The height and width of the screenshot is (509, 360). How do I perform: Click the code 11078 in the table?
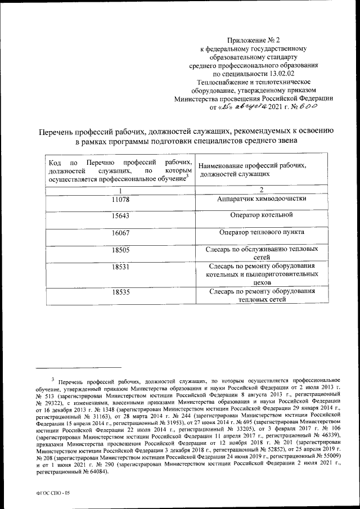pos(120,199)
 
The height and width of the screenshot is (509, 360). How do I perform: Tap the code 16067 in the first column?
pos(120,232)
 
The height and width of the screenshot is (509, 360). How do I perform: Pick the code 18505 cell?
pos(120,249)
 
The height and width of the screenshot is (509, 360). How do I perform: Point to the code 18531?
pos(120,266)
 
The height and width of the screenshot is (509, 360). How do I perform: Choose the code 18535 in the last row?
pos(120,292)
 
